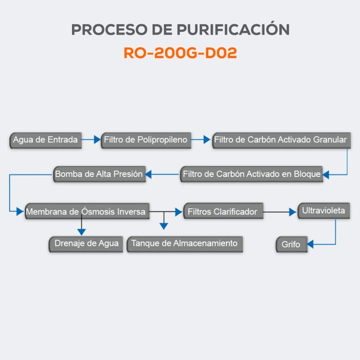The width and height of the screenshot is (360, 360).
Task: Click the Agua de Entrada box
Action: [46, 140]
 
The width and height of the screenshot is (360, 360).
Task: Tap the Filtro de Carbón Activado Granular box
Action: [281, 140]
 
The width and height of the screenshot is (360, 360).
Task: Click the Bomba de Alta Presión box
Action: [99, 174]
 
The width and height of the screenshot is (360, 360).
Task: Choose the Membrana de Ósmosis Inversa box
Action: [86, 211]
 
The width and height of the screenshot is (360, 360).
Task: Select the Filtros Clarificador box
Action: [223, 211]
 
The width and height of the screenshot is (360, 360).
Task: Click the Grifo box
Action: [291, 245]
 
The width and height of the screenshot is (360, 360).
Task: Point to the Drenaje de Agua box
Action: [86, 243]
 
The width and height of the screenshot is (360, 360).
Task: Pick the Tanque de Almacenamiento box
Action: [185, 243]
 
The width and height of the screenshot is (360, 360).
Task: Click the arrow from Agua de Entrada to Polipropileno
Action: [91, 139]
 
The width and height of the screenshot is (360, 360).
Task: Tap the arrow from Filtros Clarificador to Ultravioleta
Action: [280, 211]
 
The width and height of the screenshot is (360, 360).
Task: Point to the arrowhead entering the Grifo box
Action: [310, 244]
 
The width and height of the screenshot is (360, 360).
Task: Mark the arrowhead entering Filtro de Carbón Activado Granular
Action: [208, 139]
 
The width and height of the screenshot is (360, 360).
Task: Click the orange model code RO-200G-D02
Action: [180, 53]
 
